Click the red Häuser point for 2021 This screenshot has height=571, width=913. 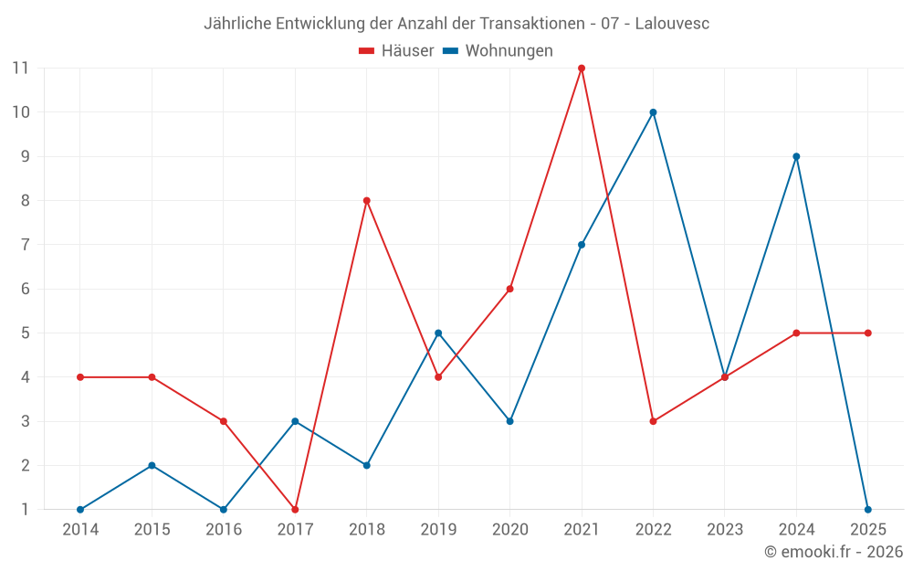[582, 68]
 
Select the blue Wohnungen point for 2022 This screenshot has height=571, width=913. [653, 112]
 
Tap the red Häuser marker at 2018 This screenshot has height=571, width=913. [367, 200]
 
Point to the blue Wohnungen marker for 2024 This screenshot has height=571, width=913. [796, 156]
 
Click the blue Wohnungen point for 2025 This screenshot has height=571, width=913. [867, 509]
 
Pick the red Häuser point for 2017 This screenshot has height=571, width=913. [295, 509]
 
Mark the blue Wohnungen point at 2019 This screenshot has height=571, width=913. [438, 333]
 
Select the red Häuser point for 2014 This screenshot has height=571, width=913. [80, 376]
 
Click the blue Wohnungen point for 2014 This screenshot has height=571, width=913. [80, 509]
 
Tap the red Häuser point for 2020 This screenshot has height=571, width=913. [509, 289]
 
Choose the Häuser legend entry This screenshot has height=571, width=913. [396, 51]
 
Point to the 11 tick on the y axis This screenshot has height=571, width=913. [20, 68]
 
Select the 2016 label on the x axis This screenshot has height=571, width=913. [224, 529]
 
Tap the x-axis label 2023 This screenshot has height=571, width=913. [725, 529]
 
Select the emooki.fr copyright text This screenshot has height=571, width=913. [834, 552]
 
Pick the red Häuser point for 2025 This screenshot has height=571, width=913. [867, 333]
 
